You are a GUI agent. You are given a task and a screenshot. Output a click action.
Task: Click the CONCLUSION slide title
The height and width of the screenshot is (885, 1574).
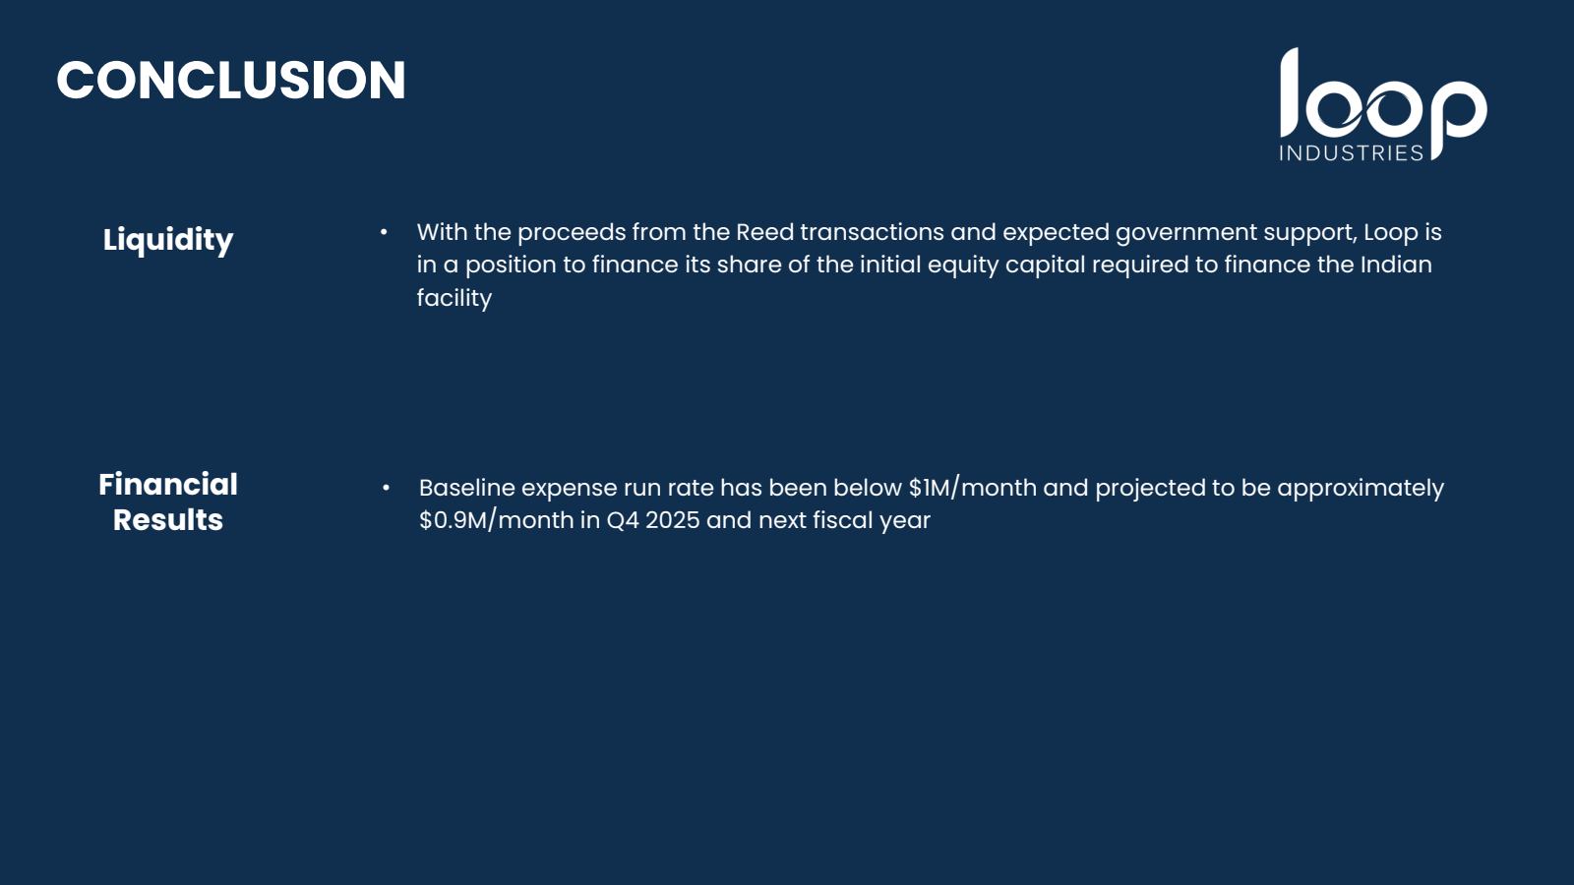(230, 80)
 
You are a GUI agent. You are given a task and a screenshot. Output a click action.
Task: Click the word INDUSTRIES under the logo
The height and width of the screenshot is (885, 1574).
(1352, 153)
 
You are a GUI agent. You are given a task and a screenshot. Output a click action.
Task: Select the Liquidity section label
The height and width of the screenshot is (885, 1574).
(168, 241)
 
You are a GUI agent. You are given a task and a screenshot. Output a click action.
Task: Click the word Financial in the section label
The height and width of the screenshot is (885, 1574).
(168, 485)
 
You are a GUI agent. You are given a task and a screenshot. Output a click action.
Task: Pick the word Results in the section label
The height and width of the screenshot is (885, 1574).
(168, 520)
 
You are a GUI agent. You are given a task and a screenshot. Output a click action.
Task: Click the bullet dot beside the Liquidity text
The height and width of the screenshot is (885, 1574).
(384, 232)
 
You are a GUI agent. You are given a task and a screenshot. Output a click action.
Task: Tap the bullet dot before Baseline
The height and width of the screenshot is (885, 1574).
(386, 488)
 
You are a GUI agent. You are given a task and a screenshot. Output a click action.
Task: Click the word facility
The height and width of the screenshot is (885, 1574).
(454, 299)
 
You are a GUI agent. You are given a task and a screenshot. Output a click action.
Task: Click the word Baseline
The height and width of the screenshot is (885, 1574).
(466, 488)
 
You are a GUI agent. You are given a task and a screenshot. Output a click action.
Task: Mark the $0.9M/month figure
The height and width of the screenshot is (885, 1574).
(496, 520)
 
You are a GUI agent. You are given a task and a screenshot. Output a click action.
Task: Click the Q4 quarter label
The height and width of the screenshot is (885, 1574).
(623, 520)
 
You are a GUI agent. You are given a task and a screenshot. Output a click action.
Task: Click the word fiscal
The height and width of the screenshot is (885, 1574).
(835, 520)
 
